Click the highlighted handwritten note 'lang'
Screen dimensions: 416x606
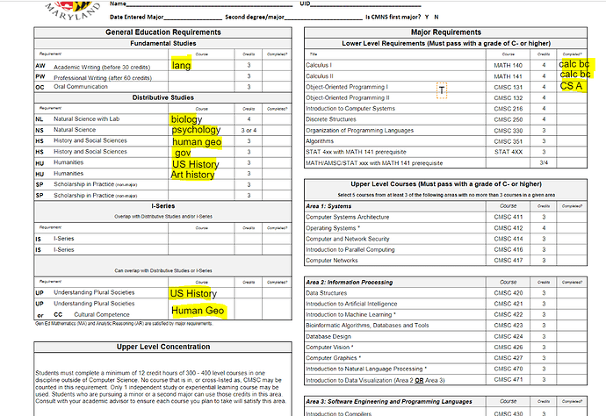click(x=182, y=65)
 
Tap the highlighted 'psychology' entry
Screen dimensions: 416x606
click(x=196, y=130)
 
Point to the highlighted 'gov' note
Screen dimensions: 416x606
click(x=183, y=152)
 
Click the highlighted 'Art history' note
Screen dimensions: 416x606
click(x=193, y=174)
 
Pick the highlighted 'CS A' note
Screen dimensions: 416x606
click(x=572, y=86)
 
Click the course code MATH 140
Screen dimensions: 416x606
click(x=509, y=65)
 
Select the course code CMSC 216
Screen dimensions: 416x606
click(x=509, y=108)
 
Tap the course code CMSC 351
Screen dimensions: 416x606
click(x=509, y=140)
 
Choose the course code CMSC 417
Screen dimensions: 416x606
click(x=509, y=260)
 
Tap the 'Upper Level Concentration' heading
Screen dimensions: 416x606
click(x=163, y=348)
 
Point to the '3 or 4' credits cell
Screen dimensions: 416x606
click(x=249, y=130)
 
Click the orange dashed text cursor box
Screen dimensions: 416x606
click(x=441, y=90)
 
